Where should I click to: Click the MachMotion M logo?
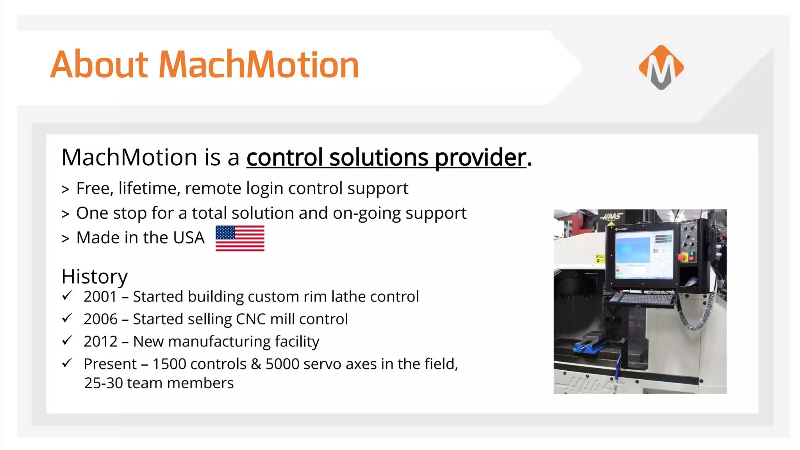661,67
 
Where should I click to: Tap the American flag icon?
240,238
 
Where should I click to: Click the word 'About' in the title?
99,65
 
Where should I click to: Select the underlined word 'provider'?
480,158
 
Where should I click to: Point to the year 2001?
100,296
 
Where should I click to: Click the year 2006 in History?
100,319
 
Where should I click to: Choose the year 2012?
100,342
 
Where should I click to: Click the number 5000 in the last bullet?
282,364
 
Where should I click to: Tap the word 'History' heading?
95,277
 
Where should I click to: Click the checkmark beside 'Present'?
67,363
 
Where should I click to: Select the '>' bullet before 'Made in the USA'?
65,239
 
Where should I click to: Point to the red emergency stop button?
682,257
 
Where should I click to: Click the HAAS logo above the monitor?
612,216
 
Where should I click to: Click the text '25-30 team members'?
159,383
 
